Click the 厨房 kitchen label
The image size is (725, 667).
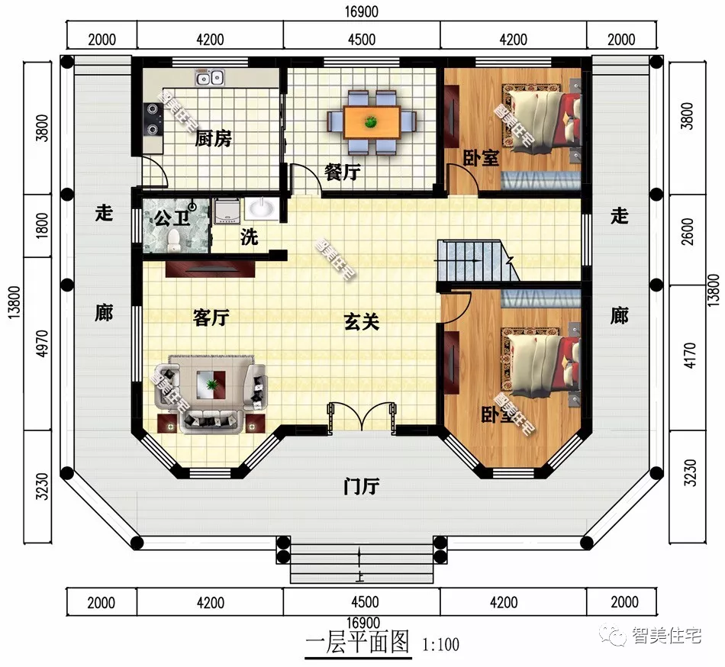(x=213, y=139)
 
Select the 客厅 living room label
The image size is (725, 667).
(x=211, y=318)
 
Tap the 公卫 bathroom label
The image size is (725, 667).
(x=171, y=219)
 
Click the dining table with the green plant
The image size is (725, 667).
(x=372, y=121)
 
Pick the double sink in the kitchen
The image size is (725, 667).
(x=209, y=77)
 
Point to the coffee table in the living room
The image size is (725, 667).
(x=209, y=382)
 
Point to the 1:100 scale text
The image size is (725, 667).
(x=440, y=645)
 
